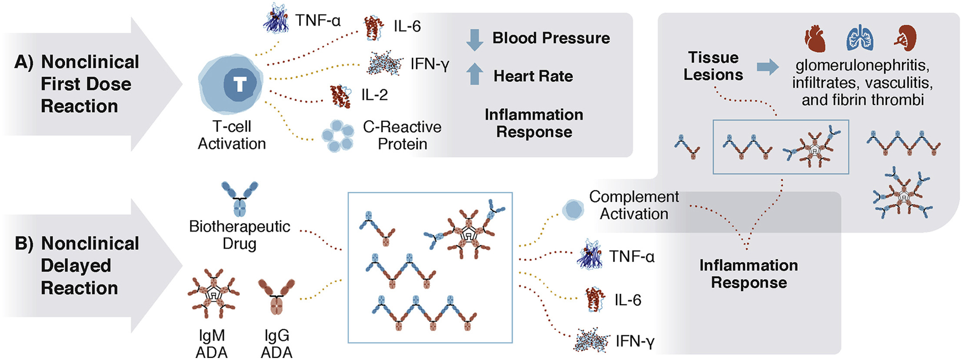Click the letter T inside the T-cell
click(x=240, y=84)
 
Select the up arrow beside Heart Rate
click(x=474, y=74)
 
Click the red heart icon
click(x=815, y=38)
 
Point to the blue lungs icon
click(x=859, y=38)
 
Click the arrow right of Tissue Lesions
click(x=768, y=67)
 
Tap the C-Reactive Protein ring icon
click(x=337, y=136)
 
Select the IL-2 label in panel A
click(x=374, y=95)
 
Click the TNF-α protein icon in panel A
click(x=276, y=18)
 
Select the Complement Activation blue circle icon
click(x=573, y=210)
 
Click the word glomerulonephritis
click(x=862, y=66)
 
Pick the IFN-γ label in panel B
click(x=635, y=342)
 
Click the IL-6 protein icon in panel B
click(x=594, y=300)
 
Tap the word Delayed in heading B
click(x=76, y=266)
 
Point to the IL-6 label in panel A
click(x=407, y=27)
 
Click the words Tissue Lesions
click(x=713, y=66)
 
